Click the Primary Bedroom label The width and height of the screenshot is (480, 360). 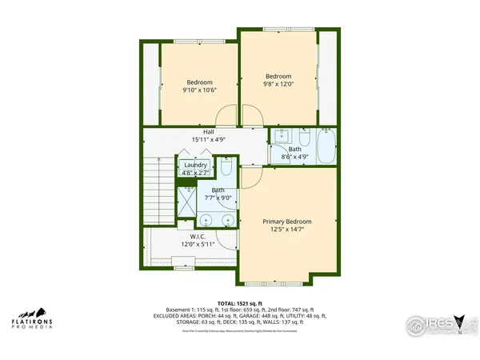(287, 221)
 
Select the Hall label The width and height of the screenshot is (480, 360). (208, 132)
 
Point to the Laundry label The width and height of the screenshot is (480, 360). (195, 165)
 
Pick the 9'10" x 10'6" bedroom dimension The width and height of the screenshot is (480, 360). (200, 91)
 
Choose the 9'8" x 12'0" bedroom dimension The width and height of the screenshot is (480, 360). (279, 80)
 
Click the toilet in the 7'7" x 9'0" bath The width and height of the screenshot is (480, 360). (226, 170)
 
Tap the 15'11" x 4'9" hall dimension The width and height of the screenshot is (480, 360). (208, 140)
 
